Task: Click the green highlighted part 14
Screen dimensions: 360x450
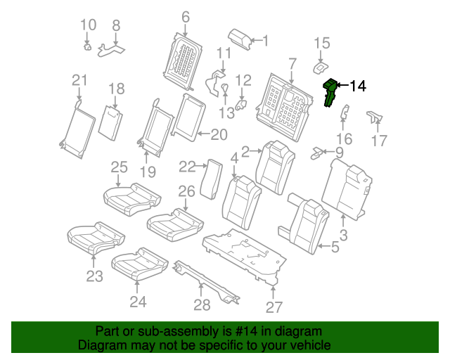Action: (x=328, y=92)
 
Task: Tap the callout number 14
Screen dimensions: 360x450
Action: (x=357, y=86)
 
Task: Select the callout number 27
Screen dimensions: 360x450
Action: (x=274, y=307)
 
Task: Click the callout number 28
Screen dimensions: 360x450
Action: (x=202, y=305)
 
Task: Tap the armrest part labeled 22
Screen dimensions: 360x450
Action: (x=211, y=179)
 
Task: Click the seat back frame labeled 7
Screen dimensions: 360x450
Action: (x=288, y=102)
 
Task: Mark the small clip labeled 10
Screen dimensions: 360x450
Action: (x=87, y=48)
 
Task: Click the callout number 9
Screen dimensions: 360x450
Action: (x=339, y=152)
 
